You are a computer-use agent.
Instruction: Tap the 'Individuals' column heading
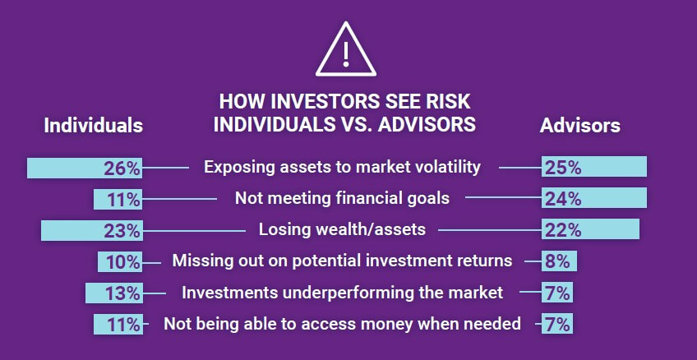click(x=93, y=126)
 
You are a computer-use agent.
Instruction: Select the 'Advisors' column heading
click(x=579, y=126)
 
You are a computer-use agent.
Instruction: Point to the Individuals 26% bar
click(x=85, y=168)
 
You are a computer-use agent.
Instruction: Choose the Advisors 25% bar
click(x=594, y=168)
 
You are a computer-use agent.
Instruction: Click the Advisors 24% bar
click(x=594, y=198)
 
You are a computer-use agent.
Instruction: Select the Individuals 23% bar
click(x=92, y=229)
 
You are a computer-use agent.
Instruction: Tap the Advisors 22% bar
click(x=590, y=229)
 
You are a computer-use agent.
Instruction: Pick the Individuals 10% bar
click(x=120, y=261)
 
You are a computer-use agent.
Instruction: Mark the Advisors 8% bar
click(x=560, y=261)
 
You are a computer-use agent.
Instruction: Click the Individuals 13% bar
click(x=114, y=293)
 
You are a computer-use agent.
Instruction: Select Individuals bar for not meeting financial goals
click(x=118, y=198)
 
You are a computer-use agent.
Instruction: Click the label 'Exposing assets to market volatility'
click(x=342, y=167)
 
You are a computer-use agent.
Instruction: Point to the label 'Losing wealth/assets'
click(x=342, y=229)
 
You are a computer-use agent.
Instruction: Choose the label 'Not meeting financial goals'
click(x=342, y=198)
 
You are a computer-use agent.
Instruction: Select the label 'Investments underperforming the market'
click(x=342, y=293)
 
